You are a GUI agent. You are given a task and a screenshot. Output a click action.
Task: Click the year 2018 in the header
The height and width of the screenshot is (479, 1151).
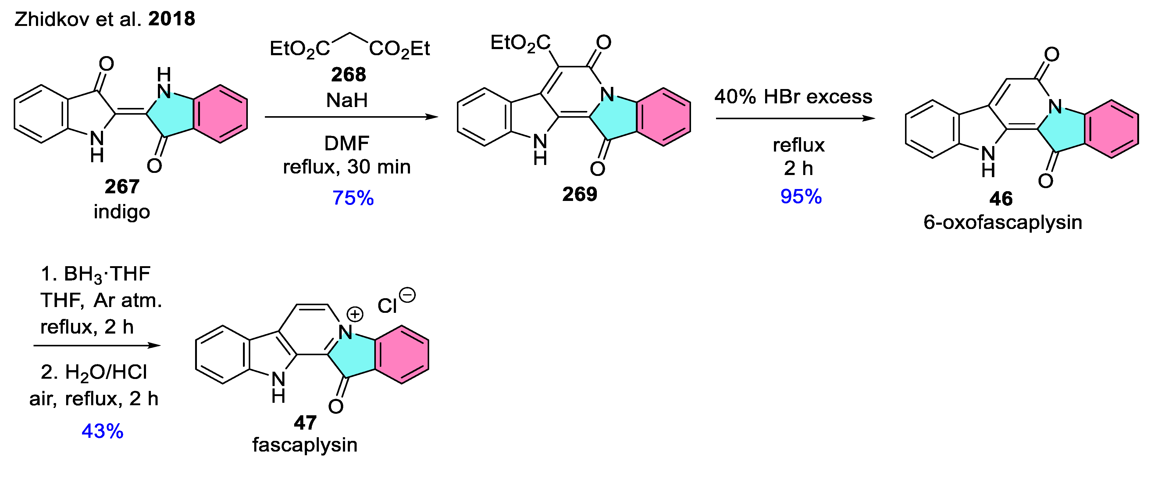(172, 19)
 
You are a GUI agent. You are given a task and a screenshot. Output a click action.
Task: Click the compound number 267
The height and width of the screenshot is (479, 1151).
(122, 186)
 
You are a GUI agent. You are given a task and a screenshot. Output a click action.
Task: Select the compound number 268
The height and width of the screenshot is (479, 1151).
(348, 74)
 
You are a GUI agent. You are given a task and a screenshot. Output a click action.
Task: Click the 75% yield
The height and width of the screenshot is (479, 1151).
(353, 198)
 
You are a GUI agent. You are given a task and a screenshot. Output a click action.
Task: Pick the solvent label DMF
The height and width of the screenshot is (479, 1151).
(347, 143)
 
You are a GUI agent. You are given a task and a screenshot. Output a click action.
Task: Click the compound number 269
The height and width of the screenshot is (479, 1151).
(579, 194)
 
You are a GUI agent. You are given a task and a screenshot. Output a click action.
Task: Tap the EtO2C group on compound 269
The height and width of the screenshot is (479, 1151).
(521, 43)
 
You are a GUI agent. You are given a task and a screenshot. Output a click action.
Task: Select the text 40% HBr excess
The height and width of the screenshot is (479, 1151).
(793, 97)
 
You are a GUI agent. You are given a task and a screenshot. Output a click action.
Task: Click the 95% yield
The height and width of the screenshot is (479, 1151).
(801, 197)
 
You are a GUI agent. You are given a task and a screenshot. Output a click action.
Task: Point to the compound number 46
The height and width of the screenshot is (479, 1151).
(1001, 198)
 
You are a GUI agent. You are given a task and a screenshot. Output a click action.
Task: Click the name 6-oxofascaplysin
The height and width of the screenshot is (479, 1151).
(1003, 222)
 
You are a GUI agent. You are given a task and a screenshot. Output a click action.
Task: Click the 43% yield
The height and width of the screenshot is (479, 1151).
(102, 431)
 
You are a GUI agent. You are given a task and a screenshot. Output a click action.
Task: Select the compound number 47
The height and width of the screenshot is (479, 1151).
(305, 422)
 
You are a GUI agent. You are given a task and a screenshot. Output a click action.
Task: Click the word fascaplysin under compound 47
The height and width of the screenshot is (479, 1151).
(305, 445)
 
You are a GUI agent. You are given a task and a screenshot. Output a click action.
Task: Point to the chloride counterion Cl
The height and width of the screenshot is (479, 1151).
(387, 306)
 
